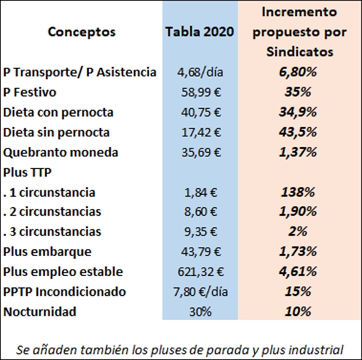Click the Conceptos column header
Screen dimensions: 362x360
(x=81, y=32)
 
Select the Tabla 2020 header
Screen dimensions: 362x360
(x=200, y=32)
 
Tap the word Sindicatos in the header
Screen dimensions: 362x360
(x=300, y=52)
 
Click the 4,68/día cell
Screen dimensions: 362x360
(x=200, y=72)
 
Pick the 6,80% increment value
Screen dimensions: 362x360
(x=298, y=72)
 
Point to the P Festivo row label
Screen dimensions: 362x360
(x=29, y=92)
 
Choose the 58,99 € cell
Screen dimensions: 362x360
(x=201, y=92)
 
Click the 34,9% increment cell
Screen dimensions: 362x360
(x=298, y=112)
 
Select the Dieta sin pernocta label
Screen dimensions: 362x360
(x=56, y=133)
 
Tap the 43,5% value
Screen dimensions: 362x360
(x=298, y=132)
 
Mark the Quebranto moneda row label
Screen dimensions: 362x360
(x=61, y=152)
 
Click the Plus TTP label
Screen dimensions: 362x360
(x=28, y=172)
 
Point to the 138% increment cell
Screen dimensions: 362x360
(x=298, y=193)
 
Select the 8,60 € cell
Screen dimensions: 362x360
(x=201, y=211)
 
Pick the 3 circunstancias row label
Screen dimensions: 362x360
(x=52, y=232)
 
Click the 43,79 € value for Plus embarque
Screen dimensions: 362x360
(x=201, y=252)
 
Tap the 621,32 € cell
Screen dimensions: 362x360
(x=201, y=272)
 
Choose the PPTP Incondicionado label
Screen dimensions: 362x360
(x=64, y=292)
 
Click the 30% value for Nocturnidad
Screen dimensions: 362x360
(x=200, y=312)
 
